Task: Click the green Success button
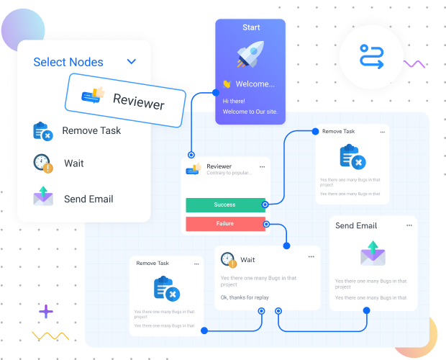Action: pyautogui.click(x=225, y=205)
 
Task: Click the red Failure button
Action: pyautogui.click(x=225, y=224)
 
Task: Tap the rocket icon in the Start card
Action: pyautogui.click(x=250, y=55)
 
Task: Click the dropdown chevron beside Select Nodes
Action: pyautogui.click(x=132, y=62)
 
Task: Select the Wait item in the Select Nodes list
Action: pyautogui.click(x=73, y=163)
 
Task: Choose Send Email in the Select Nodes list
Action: pyautogui.click(x=88, y=199)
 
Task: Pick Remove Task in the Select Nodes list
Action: pyautogui.click(x=91, y=130)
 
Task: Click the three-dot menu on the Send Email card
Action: pyautogui.click(x=409, y=225)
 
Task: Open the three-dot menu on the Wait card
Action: pyautogui.click(x=311, y=256)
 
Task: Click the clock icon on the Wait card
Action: pyautogui.click(x=228, y=259)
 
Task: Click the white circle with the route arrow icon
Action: pyautogui.click(x=371, y=56)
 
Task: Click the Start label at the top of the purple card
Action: pyautogui.click(x=251, y=27)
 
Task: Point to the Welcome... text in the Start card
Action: pyautogui.click(x=255, y=84)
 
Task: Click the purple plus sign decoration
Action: pyautogui.click(x=46, y=312)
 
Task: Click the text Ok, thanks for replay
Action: pyautogui.click(x=245, y=297)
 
